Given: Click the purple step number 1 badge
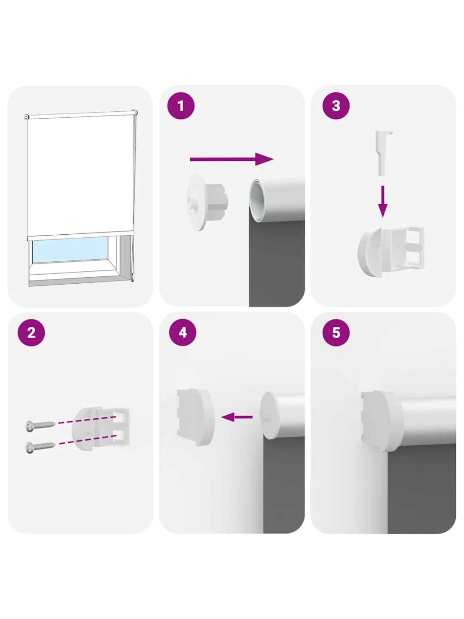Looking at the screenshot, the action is (181, 106).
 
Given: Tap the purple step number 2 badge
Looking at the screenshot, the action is (31, 332).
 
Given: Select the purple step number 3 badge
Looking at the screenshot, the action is (336, 106).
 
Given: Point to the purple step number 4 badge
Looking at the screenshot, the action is (183, 332).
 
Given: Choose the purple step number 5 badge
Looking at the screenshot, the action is (336, 332).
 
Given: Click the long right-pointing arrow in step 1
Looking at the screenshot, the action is (232, 159).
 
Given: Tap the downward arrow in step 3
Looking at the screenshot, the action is (382, 201).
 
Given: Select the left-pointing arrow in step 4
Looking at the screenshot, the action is (237, 417).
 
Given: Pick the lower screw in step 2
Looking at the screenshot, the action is (40, 447).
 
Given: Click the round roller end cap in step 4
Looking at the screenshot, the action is (269, 416).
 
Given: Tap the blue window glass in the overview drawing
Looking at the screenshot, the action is (70, 250).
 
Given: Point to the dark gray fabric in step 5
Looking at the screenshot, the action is (421, 490).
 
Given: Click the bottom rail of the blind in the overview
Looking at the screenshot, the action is (80, 236).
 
